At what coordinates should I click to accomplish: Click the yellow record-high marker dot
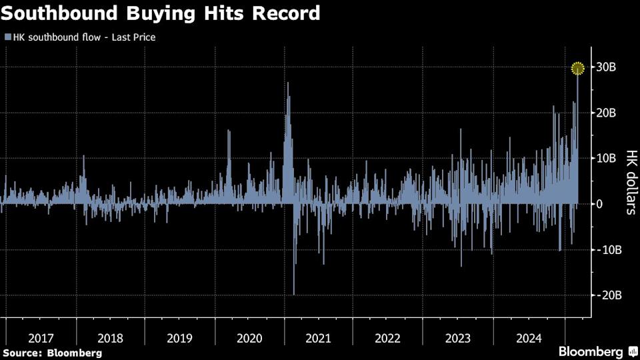tap(578, 67)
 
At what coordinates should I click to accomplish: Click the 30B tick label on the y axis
tap(611, 67)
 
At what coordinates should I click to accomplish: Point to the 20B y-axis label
tap(611, 113)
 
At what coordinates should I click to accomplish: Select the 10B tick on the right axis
tap(611, 159)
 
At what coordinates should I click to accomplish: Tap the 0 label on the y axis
tap(600, 204)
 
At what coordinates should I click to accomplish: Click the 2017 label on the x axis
tap(41, 338)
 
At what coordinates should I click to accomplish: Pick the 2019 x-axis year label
tap(179, 338)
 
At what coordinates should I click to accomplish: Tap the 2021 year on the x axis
tap(318, 338)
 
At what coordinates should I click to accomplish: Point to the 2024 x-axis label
tap(527, 338)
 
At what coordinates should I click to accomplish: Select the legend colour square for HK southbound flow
tap(7, 37)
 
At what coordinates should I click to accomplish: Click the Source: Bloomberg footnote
tap(52, 353)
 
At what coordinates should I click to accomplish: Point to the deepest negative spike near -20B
tap(294, 292)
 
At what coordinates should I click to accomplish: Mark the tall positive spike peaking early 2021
tap(288, 85)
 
